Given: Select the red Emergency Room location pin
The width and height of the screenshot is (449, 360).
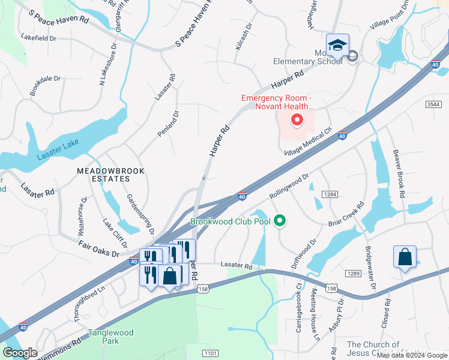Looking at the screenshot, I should (297, 121).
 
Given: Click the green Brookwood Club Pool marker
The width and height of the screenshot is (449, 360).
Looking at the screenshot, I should (279, 221).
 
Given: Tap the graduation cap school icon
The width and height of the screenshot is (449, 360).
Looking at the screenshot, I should (337, 47).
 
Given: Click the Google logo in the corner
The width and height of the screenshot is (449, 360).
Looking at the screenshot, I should (20, 353).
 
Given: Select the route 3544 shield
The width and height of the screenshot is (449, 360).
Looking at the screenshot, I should (434, 104).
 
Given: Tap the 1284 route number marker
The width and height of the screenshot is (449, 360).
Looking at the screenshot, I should (330, 194).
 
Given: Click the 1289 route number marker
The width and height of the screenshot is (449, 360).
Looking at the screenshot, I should (352, 274).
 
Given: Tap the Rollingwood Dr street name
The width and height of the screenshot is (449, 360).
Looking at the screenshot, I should (289, 185).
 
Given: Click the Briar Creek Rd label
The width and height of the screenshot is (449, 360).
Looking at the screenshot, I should (346, 216).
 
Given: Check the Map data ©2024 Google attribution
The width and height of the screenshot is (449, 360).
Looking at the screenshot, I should (412, 355).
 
